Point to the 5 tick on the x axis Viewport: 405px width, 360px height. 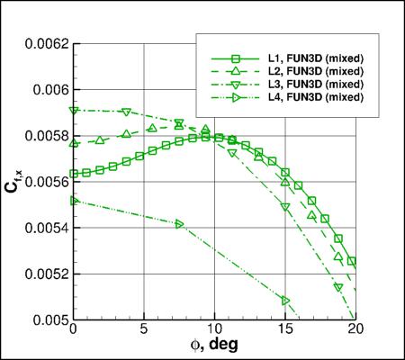[x=144, y=331]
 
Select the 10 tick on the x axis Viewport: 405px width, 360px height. [x=214, y=331]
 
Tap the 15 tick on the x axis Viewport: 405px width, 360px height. [x=285, y=331]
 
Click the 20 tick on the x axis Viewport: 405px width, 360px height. [x=356, y=331]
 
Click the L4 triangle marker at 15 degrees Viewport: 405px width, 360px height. [x=285, y=300]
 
